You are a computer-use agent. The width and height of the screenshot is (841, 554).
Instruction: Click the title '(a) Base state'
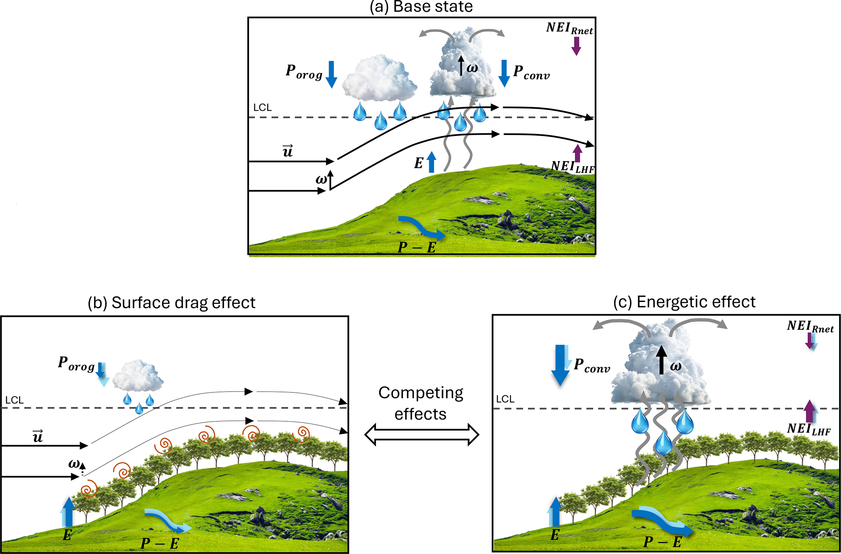(x=421, y=7)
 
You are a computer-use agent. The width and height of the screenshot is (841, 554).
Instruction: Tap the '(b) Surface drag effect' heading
(x=171, y=303)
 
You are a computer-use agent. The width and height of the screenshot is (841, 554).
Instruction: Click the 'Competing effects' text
(x=421, y=403)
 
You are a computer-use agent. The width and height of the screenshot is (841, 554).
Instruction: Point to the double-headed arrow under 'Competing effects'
(x=422, y=434)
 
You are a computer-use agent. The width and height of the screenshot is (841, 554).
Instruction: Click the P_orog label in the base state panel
(x=304, y=72)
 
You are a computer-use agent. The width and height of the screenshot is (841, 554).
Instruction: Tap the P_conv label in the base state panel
(x=531, y=72)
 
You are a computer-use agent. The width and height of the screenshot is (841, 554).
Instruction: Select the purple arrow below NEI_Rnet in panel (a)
(x=576, y=46)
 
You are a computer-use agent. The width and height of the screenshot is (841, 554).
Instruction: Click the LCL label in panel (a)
(x=262, y=107)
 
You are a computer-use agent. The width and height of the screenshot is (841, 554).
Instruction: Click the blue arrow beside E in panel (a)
(x=431, y=162)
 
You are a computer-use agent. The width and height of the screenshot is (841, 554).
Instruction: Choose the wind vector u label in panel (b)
(x=38, y=436)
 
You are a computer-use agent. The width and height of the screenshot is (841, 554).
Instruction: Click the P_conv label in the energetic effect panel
(x=592, y=366)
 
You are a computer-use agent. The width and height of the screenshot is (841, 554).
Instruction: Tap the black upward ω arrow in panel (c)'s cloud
(x=662, y=360)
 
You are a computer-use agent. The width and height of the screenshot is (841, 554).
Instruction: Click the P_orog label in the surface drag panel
(x=76, y=363)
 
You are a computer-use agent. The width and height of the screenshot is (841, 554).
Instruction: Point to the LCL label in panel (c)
(x=505, y=399)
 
